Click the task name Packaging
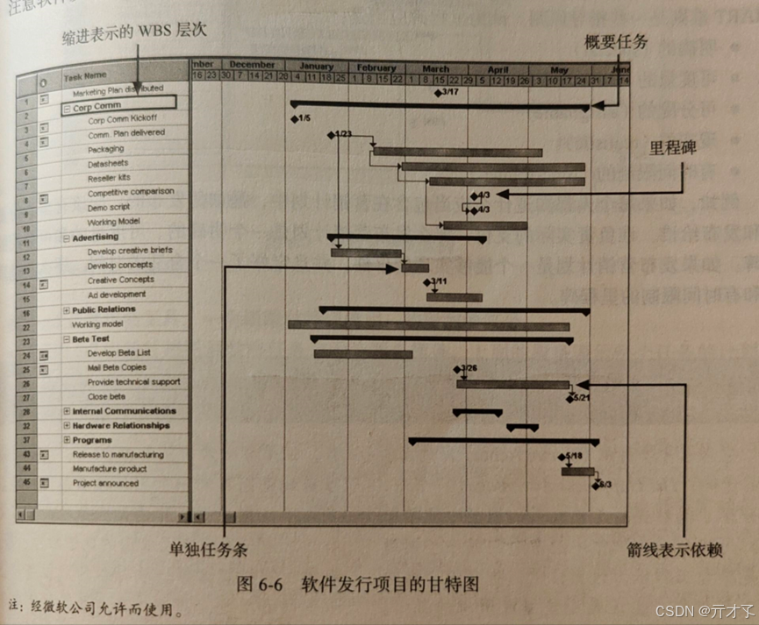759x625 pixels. pos(105,150)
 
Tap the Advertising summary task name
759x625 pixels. pos(97,238)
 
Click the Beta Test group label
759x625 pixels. pos(91,338)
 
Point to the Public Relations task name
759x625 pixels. pos(104,309)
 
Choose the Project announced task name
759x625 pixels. pos(104,483)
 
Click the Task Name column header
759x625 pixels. pos(84,75)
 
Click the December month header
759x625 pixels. pos(254,65)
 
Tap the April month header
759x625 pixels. pos(498,68)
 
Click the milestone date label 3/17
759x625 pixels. pos(449,91)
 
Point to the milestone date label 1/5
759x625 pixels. pos(303,118)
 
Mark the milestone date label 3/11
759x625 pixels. pos(438,282)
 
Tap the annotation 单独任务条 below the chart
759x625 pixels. pos(210,550)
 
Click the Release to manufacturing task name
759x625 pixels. pos(118,454)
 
